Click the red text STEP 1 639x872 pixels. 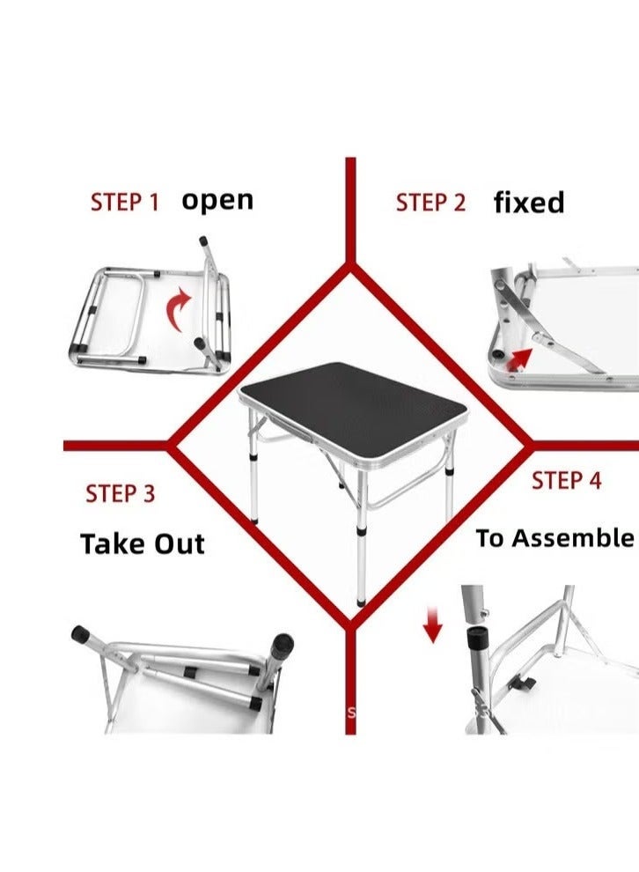click(x=125, y=202)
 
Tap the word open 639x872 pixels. click(x=217, y=201)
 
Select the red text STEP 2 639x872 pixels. click(x=430, y=202)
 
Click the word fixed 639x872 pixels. click(x=528, y=203)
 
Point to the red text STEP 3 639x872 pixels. click(x=121, y=493)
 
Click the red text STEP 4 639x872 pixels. click(x=567, y=481)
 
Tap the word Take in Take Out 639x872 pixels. click(x=112, y=543)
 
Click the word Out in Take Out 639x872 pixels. click(x=179, y=543)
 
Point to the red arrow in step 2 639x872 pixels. click(x=519, y=357)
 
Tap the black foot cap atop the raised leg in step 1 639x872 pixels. click(x=204, y=240)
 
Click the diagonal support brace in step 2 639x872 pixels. click(x=563, y=339)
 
